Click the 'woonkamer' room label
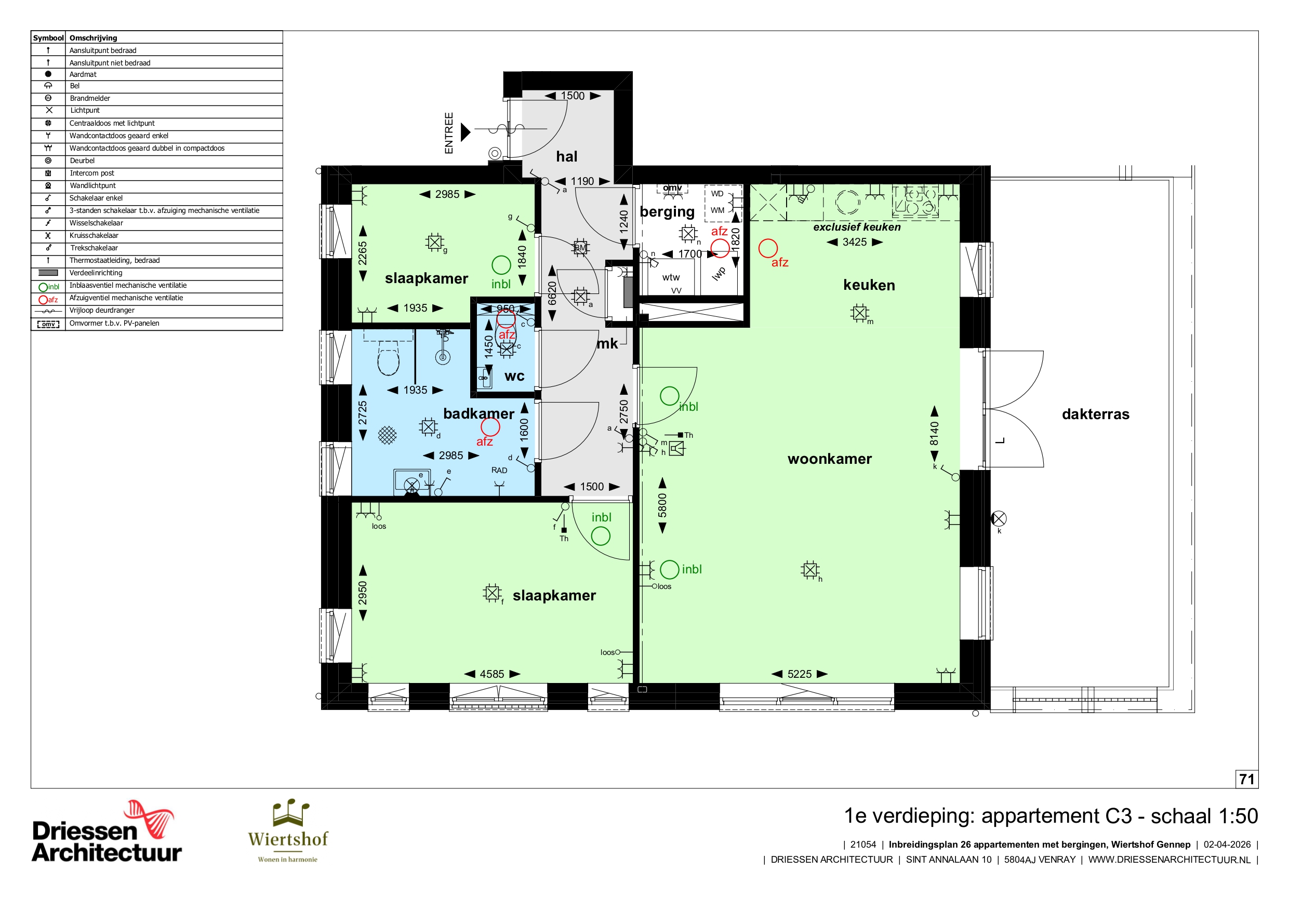(x=829, y=459)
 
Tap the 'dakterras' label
(x=1095, y=414)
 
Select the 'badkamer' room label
(x=479, y=413)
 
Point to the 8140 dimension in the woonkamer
(x=934, y=433)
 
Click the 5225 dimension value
(x=800, y=674)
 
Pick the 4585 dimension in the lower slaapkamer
(x=492, y=674)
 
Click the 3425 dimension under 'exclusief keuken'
(x=855, y=242)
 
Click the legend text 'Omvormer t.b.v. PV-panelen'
(x=114, y=323)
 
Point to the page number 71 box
(x=1246, y=779)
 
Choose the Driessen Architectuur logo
(x=107, y=832)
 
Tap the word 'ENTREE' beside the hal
(x=448, y=133)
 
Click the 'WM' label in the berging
(x=717, y=210)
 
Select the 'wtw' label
(x=671, y=277)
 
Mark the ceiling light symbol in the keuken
(x=859, y=313)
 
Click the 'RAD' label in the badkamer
(x=499, y=471)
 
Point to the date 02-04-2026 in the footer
(x=1227, y=845)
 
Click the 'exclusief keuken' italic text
(x=857, y=227)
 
